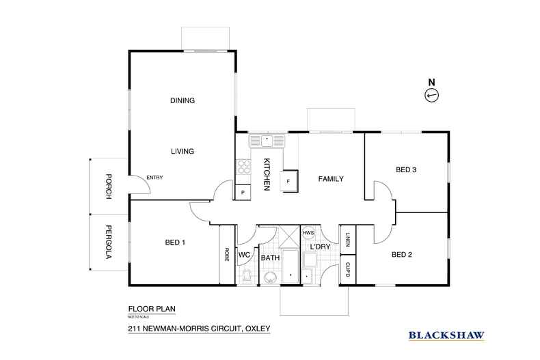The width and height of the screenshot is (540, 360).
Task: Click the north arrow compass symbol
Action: pyautogui.click(x=431, y=96)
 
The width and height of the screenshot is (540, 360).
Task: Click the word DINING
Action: pyautogui.click(x=183, y=100)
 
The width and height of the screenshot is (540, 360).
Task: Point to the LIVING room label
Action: pyautogui.click(x=183, y=152)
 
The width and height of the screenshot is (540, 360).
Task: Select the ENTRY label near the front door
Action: pyautogui.click(x=154, y=178)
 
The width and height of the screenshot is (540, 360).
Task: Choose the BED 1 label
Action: pyautogui.click(x=176, y=243)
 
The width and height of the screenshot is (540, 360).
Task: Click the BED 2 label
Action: pyautogui.click(x=402, y=255)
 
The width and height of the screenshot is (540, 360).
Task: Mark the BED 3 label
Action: pyautogui.click(x=406, y=170)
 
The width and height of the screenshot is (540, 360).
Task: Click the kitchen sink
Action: pyautogui.click(x=267, y=141)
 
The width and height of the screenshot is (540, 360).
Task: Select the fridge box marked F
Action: pyautogui.click(x=288, y=182)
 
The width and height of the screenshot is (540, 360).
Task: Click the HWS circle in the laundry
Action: pyautogui.click(x=308, y=232)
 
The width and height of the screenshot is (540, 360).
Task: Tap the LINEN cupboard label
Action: pyautogui.click(x=347, y=239)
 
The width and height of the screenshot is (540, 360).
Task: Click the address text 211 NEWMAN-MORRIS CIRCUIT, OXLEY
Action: pyautogui.click(x=199, y=329)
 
